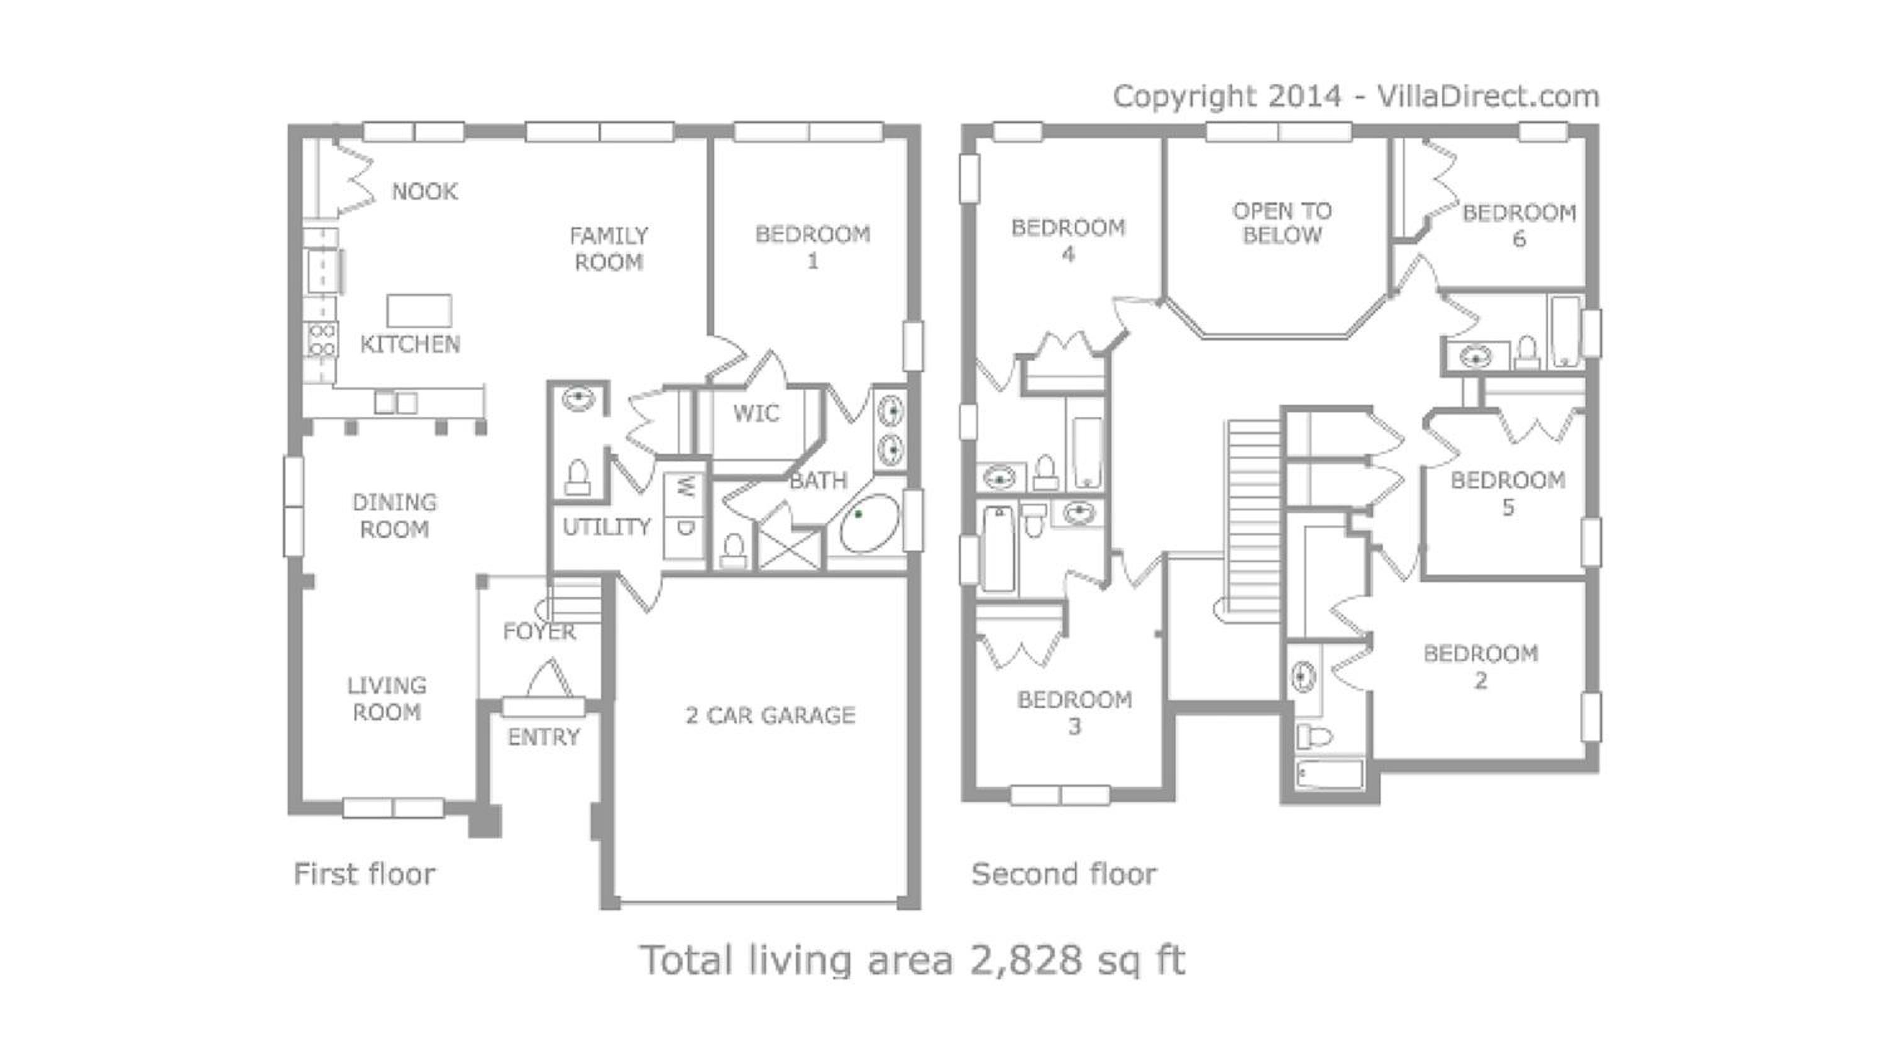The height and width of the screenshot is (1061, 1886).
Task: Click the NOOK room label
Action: [x=424, y=192]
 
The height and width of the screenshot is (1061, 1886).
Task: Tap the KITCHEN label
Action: [x=410, y=344]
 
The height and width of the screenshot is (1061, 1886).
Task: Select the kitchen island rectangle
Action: [x=419, y=311]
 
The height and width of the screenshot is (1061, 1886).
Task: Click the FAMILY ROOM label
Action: [x=609, y=249]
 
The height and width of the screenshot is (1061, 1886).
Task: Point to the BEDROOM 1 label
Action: [x=813, y=248]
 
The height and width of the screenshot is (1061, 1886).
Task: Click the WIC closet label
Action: [x=756, y=414]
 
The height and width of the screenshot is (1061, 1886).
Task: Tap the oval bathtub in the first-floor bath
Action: [x=869, y=524]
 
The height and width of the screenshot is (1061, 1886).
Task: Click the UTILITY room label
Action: [x=606, y=527]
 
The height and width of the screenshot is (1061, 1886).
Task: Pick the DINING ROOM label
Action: [x=395, y=516]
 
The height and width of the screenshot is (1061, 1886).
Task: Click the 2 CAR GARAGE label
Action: [x=770, y=715]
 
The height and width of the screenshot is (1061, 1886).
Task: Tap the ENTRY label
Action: [x=543, y=737]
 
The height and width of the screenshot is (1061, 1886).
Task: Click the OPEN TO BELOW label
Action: [x=1282, y=223]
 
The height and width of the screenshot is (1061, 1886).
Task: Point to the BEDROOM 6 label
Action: [x=1519, y=226]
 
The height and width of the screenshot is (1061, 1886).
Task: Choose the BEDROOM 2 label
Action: [x=1481, y=667]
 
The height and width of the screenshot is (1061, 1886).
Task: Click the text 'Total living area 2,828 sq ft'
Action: [x=912, y=960]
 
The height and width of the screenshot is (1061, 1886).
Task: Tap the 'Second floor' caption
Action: [x=1064, y=874]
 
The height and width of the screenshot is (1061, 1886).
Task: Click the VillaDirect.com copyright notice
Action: [x=1356, y=97]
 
